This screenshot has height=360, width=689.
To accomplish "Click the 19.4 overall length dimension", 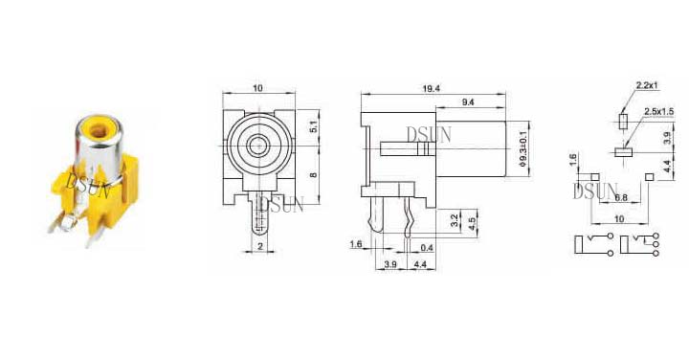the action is pyautogui.click(x=431, y=88).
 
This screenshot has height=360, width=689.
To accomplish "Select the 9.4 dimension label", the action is pyautogui.click(x=468, y=102).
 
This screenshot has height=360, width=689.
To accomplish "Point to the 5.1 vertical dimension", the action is pyautogui.click(x=313, y=127).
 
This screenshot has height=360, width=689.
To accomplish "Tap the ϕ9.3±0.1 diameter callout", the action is pyautogui.click(x=522, y=148).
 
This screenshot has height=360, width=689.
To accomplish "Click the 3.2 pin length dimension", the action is pyautogui.click(x=456, y=220).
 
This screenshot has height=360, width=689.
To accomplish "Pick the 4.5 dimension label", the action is pyautogui.click(x=472, y=224).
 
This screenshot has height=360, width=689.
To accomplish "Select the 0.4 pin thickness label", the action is pyautogui.click(x=427, y=248).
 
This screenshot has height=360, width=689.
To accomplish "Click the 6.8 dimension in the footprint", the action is pyautogui.click(x=621, y=198).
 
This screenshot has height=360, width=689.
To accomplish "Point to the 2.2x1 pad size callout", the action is pyautogui.click(x=646, y=85).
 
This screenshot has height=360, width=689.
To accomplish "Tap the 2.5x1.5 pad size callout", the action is pyautogui.click(x=658, y=112).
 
